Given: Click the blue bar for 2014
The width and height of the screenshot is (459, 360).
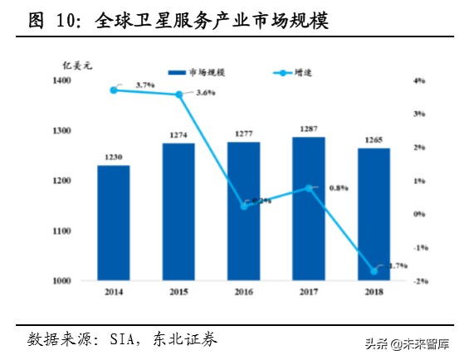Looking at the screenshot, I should (x=113, y=223).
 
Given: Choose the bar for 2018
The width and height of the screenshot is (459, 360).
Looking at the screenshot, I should (x=374, y=215).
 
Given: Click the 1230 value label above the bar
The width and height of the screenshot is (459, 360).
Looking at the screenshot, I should (x=113, y=158).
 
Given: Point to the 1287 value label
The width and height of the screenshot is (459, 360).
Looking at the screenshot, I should (x=309, y=129).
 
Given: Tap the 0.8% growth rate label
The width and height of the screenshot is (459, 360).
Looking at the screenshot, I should (x=339, y=188).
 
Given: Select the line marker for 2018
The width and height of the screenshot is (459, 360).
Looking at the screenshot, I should (x=374, y=270).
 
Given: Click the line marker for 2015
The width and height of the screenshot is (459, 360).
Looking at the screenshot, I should (x=178, y=95).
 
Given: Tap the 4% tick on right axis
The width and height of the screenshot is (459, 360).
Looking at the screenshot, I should (x=420, y=80).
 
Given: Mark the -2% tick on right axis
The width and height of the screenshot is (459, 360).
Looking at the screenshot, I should (x=420, y=281).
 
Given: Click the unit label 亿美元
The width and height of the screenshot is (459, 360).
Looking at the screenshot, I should (x=67, y=64).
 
